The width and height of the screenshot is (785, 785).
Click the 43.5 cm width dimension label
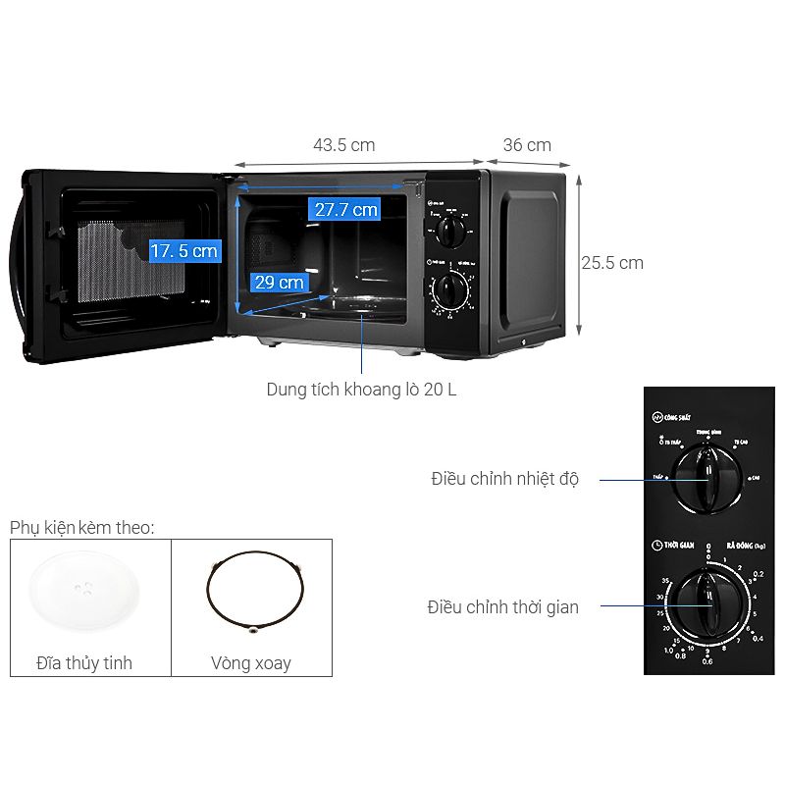click(343, 145)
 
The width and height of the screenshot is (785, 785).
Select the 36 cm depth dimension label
click(527, 145)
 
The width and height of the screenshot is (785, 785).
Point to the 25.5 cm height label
click(611, 263)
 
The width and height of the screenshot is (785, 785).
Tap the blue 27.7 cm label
click(344, 209)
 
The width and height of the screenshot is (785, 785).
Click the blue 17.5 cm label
click(183, 251)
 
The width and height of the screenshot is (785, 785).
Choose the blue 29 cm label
click(279, 283)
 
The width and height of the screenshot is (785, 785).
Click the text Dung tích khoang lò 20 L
click(361, 390)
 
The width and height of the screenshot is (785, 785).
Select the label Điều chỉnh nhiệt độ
click(504, 480)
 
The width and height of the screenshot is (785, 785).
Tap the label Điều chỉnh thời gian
click(502, 607)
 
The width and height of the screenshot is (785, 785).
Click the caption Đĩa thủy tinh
click(83, 663)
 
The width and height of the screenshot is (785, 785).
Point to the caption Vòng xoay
click(250, 663)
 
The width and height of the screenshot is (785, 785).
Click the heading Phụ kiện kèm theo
click(82, 529)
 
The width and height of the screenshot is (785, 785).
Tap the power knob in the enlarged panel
click(706, 479)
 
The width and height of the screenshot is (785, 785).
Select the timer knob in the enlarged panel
click(706, 602)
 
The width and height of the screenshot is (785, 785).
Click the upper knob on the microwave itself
click(451, 233)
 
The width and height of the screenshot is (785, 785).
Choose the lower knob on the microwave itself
click(451, 289)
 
